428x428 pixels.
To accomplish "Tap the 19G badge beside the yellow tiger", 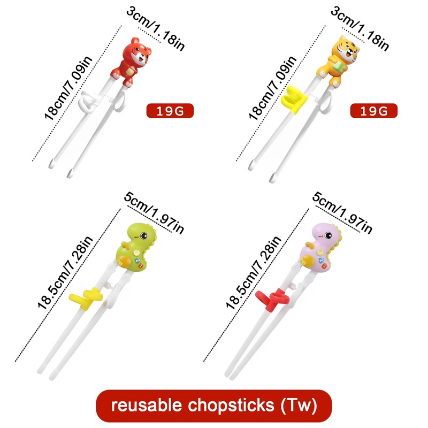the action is point(373,111).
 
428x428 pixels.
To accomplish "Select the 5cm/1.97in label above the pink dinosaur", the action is point(343,212).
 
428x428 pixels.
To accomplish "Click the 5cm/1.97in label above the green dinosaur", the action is point(154,212).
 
